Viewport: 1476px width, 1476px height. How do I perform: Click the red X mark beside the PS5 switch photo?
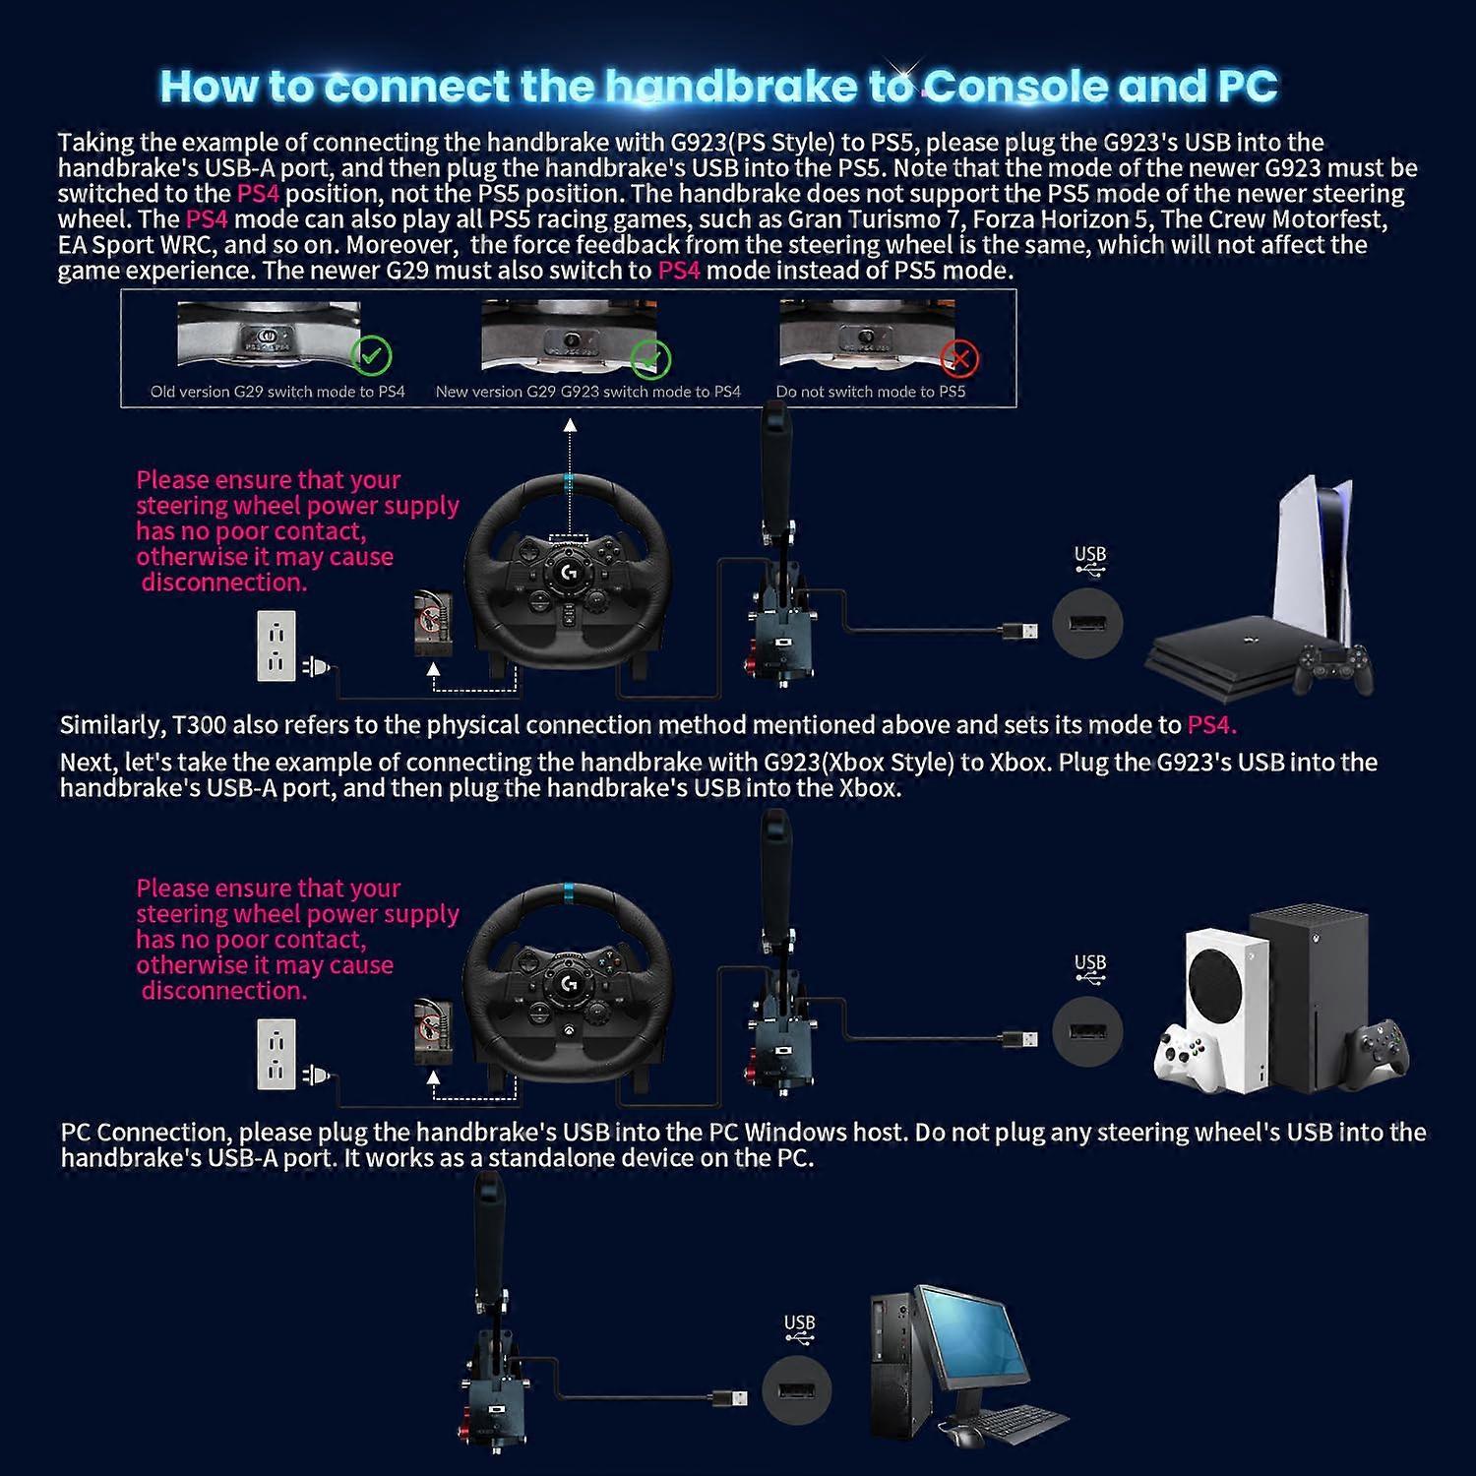click(x=958, y=358)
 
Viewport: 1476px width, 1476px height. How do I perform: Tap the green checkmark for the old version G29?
click(x=371, y=355)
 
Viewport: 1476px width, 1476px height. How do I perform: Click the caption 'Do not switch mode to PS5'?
click(x=871, y=392)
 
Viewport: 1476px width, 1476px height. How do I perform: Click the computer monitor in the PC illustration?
click(x=969, y=1343)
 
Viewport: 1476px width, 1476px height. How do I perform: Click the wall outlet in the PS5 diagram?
click(x=276, y=646)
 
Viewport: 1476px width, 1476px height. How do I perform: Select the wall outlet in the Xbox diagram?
click(x=276, y=1054)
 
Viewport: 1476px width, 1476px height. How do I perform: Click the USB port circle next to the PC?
click(x=797, y=1390)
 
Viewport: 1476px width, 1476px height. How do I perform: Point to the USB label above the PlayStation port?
click(x=1090, y=555)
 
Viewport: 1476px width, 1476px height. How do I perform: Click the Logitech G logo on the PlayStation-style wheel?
click(x=568, y=571)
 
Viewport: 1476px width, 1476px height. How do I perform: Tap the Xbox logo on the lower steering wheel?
click(x=568, y=1032)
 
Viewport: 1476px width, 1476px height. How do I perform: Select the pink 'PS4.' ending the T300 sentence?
click(x=1211, y=725)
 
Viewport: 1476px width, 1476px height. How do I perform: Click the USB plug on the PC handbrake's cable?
click(x=729, y=1397)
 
